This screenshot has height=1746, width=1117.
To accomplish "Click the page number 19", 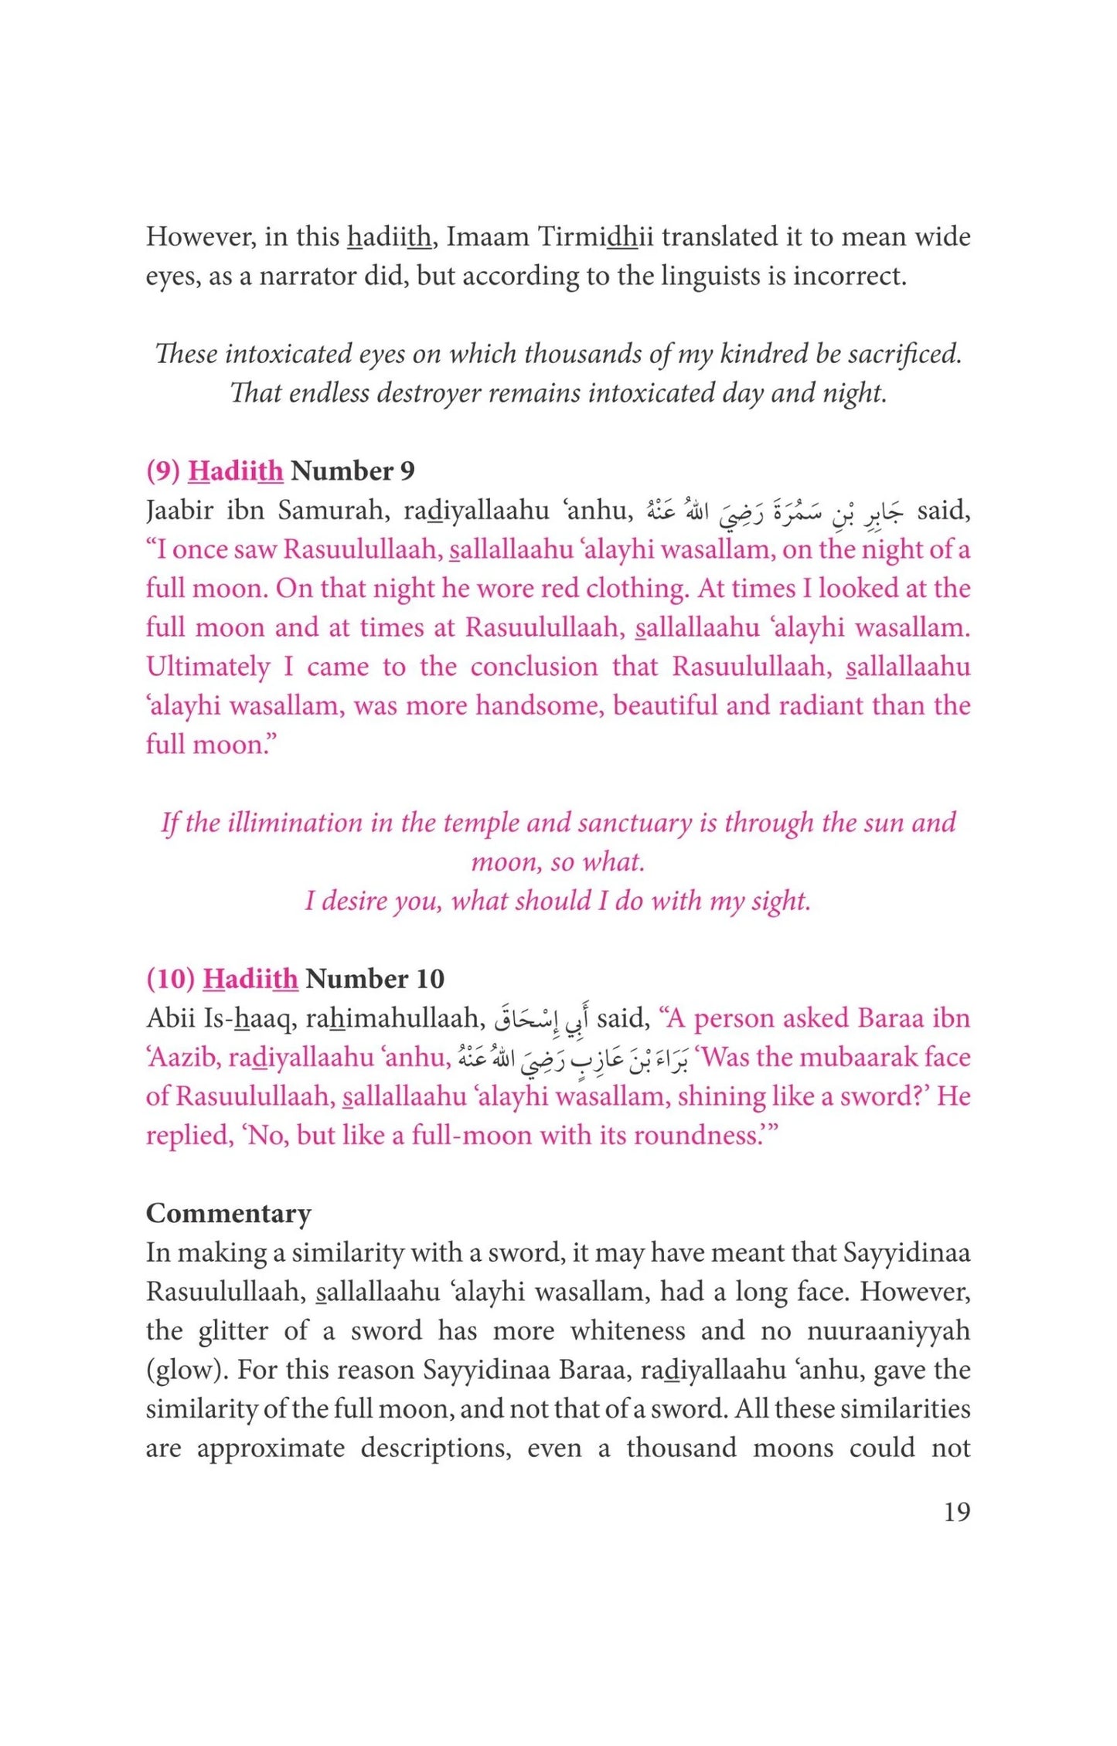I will pos(956,1511).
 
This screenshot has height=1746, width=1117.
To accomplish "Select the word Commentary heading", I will pos(229,1213).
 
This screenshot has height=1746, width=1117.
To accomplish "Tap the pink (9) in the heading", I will pos(163,470).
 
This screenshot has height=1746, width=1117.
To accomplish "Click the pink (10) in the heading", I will pos(170,979).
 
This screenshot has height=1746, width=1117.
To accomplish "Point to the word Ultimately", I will pos(208,667).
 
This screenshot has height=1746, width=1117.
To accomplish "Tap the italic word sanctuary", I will pos(635,823).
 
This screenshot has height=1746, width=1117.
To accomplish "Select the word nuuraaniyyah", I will pos(888,1330).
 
